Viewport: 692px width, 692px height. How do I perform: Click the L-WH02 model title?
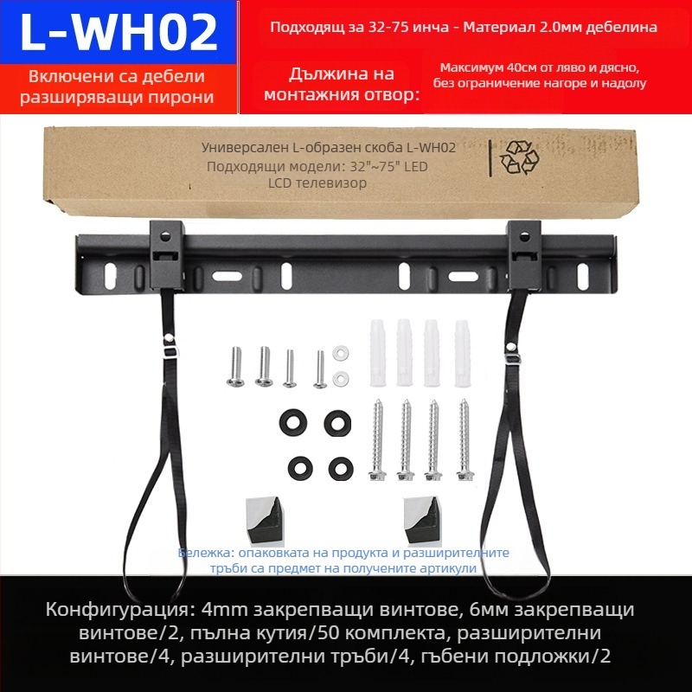pos(119,32)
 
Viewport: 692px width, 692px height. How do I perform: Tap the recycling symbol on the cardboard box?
pos(520,157)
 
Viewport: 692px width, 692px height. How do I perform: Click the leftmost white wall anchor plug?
pos(378,353)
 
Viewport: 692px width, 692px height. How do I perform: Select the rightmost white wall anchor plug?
pos(463,354)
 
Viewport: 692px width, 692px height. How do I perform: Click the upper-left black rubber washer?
pos(293,422)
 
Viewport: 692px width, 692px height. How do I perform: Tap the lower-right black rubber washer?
pos(341,468)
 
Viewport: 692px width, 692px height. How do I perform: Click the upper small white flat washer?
pos(341,353)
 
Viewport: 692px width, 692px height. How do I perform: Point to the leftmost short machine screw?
pos(236,367)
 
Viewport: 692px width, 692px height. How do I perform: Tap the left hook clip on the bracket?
pos(166,255)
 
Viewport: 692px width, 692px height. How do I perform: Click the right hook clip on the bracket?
pos(524,255)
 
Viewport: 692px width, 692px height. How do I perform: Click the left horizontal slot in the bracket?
pos(227,276)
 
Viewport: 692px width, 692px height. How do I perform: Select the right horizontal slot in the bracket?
pos(464,277)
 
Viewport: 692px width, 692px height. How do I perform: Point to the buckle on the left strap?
pos(171,352)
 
